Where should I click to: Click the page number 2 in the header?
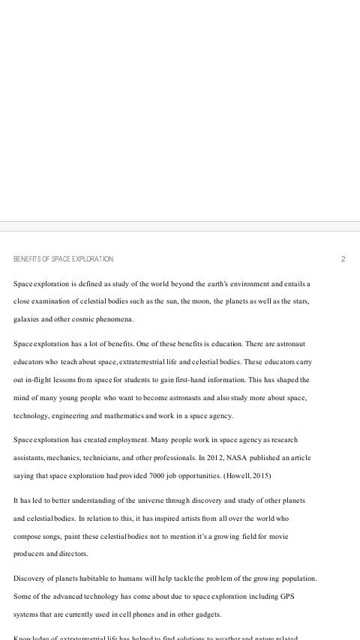click(x=343, y=259)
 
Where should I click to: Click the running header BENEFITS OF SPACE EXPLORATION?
click(x=63, y=259)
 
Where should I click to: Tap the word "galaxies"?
click(x=27, y=319)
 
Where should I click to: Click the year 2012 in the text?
click(x=206, y=457)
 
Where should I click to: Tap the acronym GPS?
click(x=299, y=597)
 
